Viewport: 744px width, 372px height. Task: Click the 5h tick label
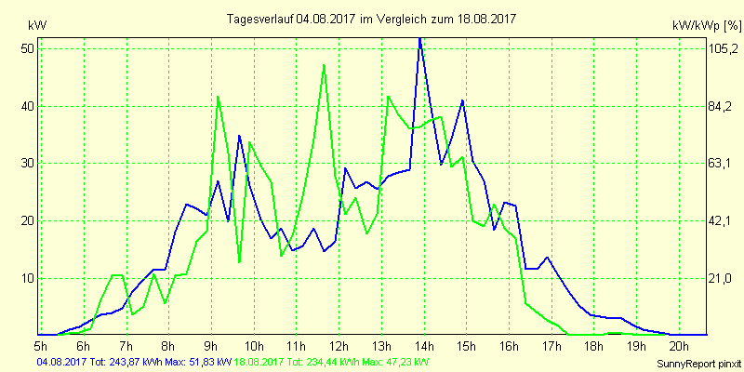click(42, 346)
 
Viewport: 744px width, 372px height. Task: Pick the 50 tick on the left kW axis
click(26, 48)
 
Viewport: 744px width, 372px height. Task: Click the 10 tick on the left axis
click(26, 278)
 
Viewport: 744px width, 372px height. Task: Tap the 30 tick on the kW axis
click(26, 163)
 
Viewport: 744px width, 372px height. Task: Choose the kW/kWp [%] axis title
click(705, 25)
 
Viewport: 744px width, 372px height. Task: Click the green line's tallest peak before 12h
click(324, 65)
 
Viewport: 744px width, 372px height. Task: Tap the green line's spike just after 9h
click(218, 97)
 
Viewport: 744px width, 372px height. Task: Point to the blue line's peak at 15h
click(462, 100)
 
